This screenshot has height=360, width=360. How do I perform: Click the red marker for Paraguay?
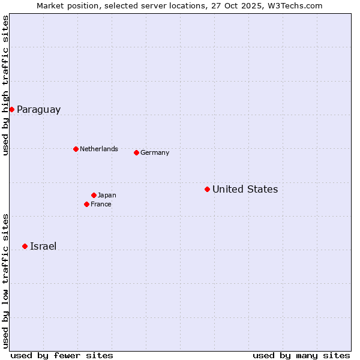(x=11, y=109)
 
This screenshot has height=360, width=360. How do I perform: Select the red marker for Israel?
(x=25, y=246)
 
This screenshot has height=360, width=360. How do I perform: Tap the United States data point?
(x=207, y=189)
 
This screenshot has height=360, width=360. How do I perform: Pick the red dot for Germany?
(x=136, y=152)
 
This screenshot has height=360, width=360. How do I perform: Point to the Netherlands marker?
(x=76, y=149)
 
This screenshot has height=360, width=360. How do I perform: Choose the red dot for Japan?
(x=94, y=195)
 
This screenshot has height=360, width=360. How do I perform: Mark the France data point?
(x=86, y=204)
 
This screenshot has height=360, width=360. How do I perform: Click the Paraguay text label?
(x=38, y=109)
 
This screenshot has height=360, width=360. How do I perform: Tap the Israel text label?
(x=43, y=246)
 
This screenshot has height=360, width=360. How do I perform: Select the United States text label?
(x=245, y=189)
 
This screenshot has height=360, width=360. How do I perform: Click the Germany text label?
(x=155, y=152)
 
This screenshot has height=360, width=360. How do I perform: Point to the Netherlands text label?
(x=99, y=149)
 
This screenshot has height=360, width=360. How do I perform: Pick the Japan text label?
(x=107, y=195)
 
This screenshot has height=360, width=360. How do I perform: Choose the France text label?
(x=101, y=204)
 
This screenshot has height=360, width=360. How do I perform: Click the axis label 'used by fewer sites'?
(x=62, y=355)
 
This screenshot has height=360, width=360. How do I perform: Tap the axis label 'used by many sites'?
(x=301, y=355)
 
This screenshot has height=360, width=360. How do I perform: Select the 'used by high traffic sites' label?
(x=5, y=85)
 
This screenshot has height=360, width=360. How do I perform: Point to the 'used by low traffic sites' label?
(x=5, y=281)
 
